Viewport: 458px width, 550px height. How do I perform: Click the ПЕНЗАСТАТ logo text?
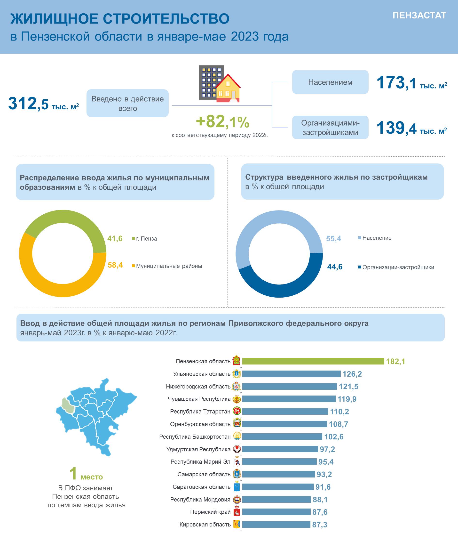(x=419, y=16)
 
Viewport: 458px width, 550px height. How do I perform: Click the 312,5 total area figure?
(x=28, y=104)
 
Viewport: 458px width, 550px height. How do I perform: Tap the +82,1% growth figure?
(x=222, y=121)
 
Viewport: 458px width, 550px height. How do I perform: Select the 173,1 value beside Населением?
(x=396, y=83)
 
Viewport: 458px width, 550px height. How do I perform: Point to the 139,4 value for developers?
(x=396, y=128)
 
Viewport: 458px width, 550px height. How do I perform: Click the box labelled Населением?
(x=330, y=82)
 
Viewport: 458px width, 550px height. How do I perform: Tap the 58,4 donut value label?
(x=115, y=265)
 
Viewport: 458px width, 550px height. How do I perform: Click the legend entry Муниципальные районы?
(x=167, y=266)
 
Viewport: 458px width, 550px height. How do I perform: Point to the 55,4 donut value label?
(x=333, y=239)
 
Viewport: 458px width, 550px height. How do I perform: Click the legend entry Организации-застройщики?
(x=396, y=267)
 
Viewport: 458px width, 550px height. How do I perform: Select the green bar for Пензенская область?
(x=313, y=361)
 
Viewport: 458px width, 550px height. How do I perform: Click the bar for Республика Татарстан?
(x=285, y=412)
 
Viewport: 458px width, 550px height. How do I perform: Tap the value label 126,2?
(x=352, y=374)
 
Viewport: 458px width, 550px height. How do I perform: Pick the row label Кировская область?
(x=205, y=525)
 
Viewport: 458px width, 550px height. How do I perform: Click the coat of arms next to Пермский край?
(x=237, y=512)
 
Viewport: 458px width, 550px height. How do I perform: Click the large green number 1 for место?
(x=73, y=474)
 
